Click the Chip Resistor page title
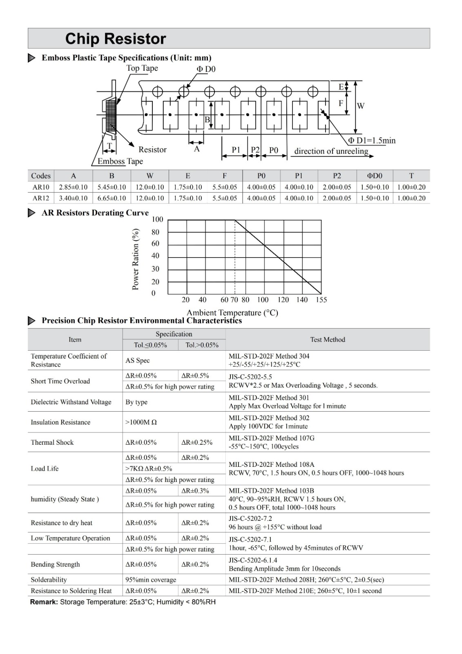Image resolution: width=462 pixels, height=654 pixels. coord(116,39)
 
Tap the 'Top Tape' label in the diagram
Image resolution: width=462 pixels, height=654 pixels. coord(142,68)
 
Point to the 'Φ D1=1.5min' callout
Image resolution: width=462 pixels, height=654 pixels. coord(372,141)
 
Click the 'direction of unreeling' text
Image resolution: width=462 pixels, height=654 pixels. coord(331,151)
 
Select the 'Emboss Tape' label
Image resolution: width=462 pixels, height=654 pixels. coord(120,161)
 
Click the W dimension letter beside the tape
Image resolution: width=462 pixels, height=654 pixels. coord(361,106)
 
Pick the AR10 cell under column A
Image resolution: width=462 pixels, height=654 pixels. coord(73,187)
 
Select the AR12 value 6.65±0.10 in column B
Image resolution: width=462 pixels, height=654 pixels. coord(112,198)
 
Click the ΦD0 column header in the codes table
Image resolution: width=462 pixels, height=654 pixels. coord(374,176)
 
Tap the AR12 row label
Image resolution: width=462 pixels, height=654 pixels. coord(41,198)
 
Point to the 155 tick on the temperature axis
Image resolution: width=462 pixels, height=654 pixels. coord(321,300)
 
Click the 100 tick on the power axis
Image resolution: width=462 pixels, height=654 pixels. coord(157,219)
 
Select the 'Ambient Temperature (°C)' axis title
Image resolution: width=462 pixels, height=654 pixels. coord(232,313)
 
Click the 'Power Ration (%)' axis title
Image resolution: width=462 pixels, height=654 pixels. coord(136,259)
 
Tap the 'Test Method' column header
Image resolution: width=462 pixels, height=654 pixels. coord(327,340)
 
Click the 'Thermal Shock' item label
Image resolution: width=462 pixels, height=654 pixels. coord(52,442)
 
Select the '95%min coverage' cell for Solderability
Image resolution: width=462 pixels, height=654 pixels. coord(151,580)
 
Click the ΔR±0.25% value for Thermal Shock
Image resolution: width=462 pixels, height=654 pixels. coord(197,442)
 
